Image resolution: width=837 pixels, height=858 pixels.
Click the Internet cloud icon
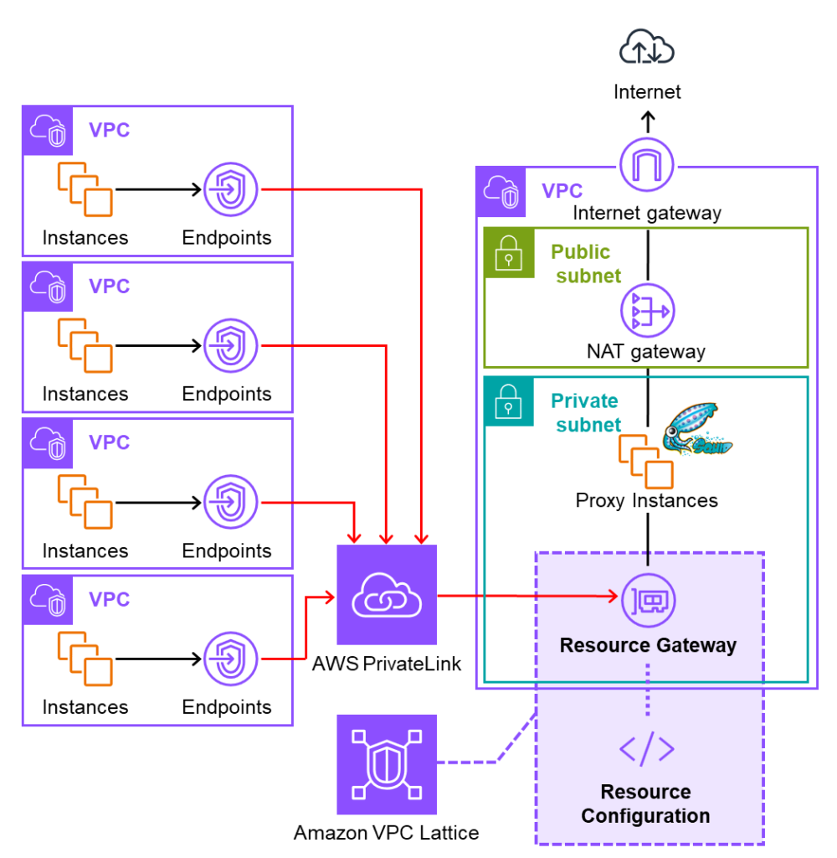point(647,49)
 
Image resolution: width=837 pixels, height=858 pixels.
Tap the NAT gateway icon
point(647,311)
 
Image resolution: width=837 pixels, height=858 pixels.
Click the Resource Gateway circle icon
point(647,598)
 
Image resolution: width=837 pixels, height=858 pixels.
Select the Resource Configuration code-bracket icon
point(646,748)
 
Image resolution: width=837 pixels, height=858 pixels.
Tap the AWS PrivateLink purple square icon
point(387,595)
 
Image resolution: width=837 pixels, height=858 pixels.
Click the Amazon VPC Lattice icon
point(387,764)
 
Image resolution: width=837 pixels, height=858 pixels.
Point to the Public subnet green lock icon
point(509,252)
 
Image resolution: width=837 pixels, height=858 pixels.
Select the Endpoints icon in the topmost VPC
point(230,190)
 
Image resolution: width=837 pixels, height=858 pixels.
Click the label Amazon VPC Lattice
point(387,833)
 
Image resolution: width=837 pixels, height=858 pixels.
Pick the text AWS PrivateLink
point(387,664)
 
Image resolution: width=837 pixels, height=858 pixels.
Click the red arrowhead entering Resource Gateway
point(612,597)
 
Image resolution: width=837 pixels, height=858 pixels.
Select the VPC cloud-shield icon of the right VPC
point(501,192)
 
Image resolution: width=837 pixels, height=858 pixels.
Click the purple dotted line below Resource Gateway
point(647,690)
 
